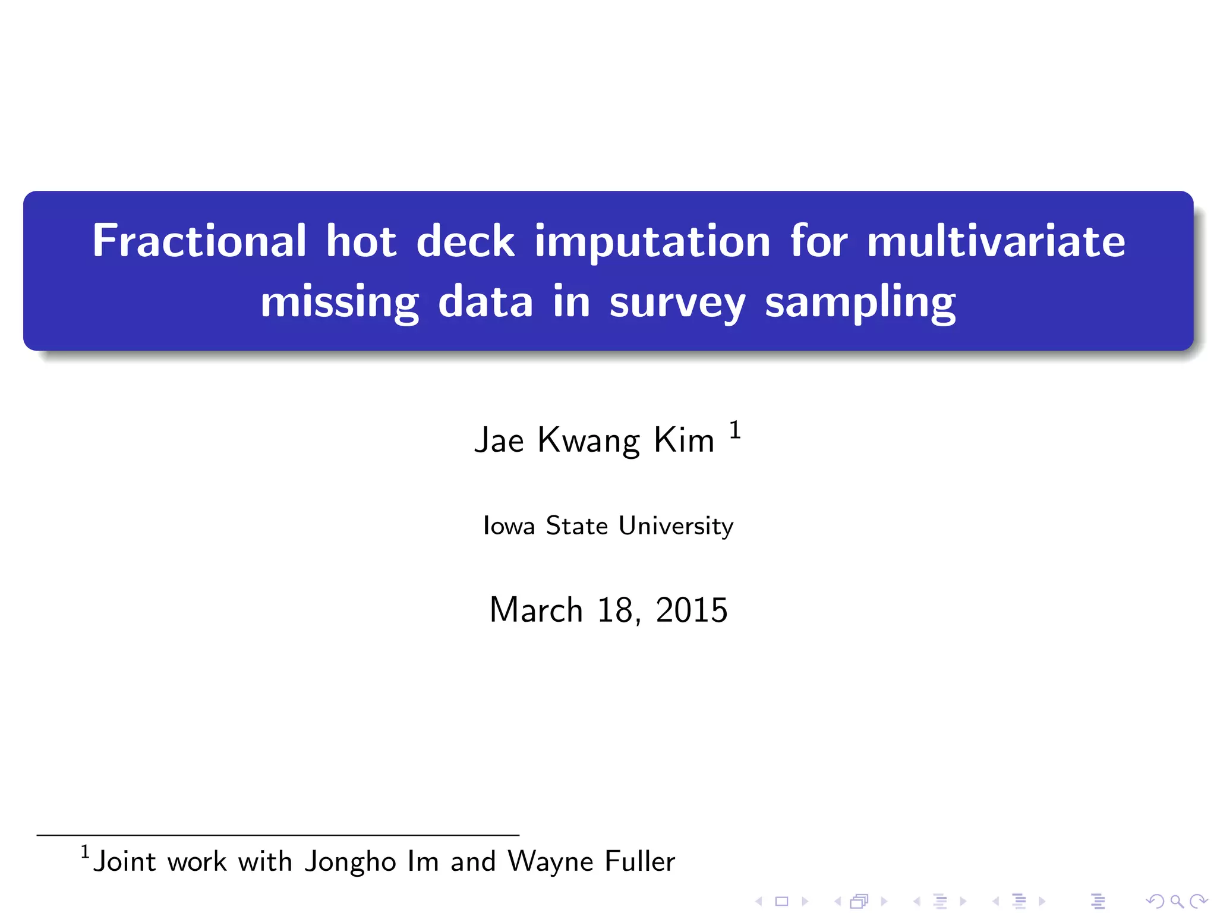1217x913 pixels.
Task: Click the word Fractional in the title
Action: (198, 241)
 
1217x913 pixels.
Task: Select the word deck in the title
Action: (465, 242)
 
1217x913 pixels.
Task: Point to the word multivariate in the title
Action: (996, 241)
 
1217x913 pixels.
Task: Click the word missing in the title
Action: (339, 303)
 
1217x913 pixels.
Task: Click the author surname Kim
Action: (684, 440)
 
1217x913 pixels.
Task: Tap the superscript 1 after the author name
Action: (735, 430)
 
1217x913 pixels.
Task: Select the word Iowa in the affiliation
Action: (509, 525)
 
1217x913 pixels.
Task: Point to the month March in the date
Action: (536, 610)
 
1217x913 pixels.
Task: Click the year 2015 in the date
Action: (692, 610)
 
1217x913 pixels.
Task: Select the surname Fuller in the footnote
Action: (640, 861)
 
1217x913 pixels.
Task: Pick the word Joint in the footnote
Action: (125, 861)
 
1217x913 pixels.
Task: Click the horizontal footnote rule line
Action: (278, 835)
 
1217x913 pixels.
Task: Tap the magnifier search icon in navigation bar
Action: (1177, 902)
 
